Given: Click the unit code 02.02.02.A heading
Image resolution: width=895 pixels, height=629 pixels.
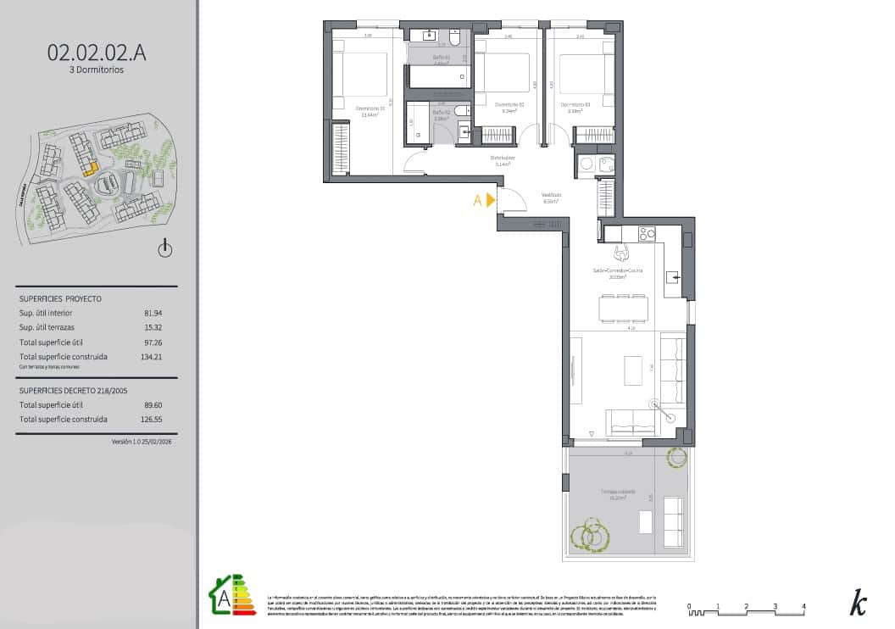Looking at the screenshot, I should pos(97,53).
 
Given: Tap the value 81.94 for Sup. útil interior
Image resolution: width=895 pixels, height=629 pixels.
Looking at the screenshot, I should pos(153,313).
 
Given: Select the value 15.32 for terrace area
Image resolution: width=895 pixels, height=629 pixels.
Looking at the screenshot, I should pos(153,326).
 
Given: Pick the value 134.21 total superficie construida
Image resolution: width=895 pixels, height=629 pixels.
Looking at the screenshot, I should pos(152,357).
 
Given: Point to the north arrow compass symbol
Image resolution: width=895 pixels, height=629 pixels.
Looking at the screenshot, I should pos(165,248).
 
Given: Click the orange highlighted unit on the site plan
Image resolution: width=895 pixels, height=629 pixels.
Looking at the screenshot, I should pos(91,168).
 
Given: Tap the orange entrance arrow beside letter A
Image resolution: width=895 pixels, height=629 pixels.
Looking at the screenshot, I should pos(490,201).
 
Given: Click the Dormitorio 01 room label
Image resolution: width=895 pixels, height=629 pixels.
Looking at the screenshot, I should pos(370,108).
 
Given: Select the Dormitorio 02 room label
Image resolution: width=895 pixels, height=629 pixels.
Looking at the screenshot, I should pos(510,105).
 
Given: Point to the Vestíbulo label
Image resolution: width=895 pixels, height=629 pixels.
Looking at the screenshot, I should pos(552,195).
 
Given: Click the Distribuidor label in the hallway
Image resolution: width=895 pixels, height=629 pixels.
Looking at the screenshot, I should pos(503,158).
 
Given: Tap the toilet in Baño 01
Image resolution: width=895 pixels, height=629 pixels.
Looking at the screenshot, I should pos(455,39).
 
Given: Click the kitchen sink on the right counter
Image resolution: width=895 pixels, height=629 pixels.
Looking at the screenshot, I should pos(673,276).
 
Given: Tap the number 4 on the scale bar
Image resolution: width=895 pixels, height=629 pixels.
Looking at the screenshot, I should pos(803,606).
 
